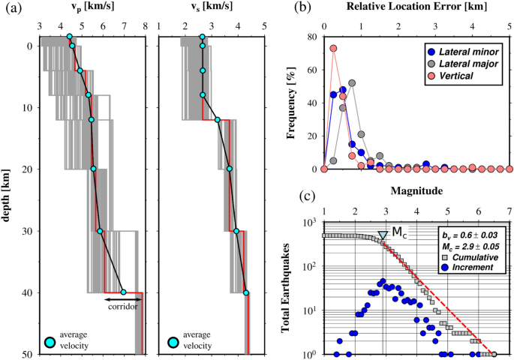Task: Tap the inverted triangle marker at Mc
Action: click(383, 235)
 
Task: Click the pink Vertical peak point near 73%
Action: click(333, 49)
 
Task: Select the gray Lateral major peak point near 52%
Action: click(351, 82)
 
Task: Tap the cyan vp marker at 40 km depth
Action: click(123, 292)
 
